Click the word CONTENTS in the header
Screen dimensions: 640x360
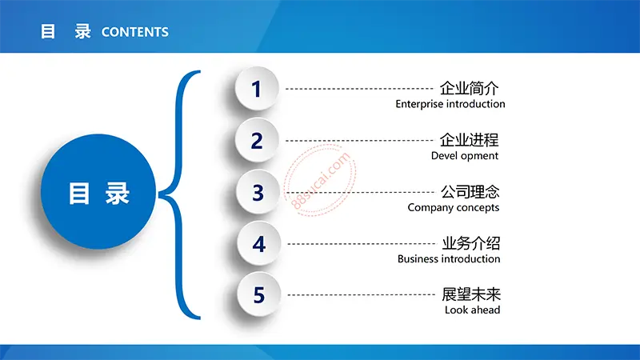pyautogui.click(x=134, y=32)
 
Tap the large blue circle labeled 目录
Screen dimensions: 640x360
pyautogui.click(x=98, y=191)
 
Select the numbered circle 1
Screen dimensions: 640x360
pyautogui.click(x=257, y=89)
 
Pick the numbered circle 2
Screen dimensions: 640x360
pyautogui.click(x=257, y=140)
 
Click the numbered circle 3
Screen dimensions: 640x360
pyautogui.click(x=258, y=192)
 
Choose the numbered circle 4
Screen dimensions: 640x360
pyautogui.click(x=258, y=243)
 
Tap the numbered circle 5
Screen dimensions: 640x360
pyautogui.click(x=258, y=294)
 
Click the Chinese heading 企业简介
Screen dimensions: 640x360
pyautogui.click(x=469, y=88)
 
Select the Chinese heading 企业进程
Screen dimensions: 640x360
pyautogui.click(x=469, y=140)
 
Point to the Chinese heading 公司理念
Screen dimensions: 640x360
pyautogui.click(x=470, y=191)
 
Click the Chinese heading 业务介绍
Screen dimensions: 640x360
pyautogui.click(x=471, y=243)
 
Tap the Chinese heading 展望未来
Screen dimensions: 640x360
pyautogui.click(x=471, y=294)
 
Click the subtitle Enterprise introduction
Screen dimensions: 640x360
pyautogui.click(x=450, y=104)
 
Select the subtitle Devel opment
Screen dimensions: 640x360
pyautogui.click(x=465, y=156)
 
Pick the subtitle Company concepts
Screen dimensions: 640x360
pyautogui.click(x=454, y=208)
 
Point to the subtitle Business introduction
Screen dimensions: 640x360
pyautogui.click(x=449, y=258)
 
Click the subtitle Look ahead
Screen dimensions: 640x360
pyautogui.click(x=472, y=310)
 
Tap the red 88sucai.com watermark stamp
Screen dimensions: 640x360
pyautogui.click(x=320, y=179)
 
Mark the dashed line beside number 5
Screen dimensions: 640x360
pyautogui.click(x=362, y=294)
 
